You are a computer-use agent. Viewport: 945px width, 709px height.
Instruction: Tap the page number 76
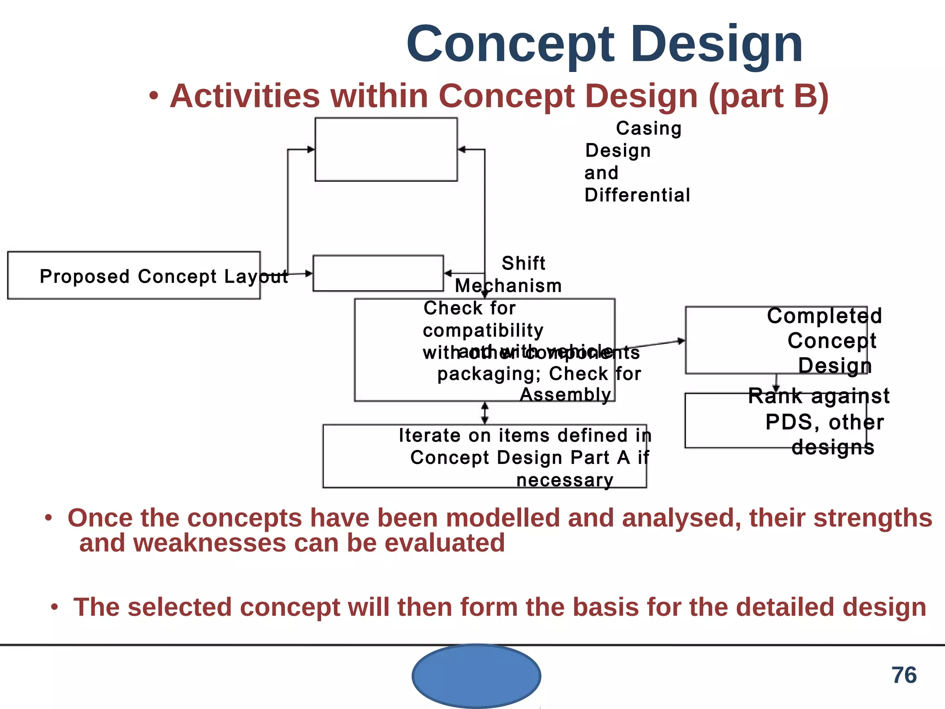[904, 675]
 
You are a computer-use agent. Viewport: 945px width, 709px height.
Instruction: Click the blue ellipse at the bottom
[476, 676]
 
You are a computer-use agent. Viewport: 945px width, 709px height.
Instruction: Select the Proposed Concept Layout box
[134, 276]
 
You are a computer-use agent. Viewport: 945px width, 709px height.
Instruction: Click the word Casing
[648, 128]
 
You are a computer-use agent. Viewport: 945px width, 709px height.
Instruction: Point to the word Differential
[637, 195]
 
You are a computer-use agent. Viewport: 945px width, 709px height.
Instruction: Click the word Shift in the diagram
[523, 264]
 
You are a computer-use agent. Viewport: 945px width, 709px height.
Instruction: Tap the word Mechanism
[508, 286]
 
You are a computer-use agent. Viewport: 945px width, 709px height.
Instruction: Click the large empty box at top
[386, 150]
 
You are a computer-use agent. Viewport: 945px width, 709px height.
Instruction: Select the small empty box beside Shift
[378, 273]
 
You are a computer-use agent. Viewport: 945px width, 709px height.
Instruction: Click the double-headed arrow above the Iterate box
[484, 413]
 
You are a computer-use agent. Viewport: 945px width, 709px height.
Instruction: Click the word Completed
[824, 316]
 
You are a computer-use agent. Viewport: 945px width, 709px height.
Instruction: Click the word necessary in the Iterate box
[564, 481]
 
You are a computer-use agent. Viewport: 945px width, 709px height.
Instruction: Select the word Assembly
[565, 395]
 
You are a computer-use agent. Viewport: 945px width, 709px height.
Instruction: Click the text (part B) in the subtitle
[768, 96]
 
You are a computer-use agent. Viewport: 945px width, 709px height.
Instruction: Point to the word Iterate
[429, 436]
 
